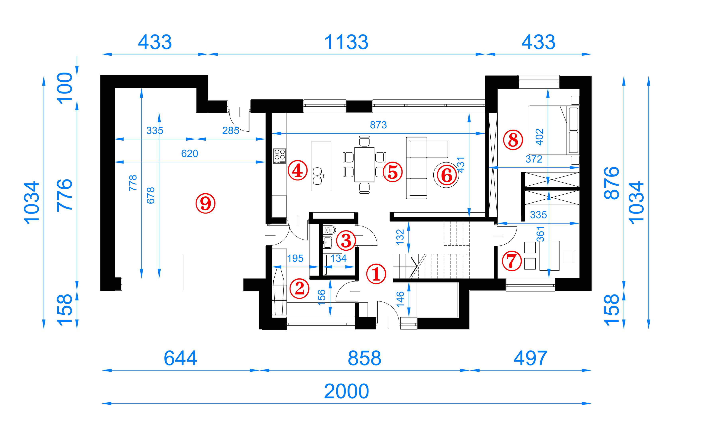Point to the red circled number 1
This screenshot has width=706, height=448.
pos(376,274)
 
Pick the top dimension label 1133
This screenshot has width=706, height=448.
pos(346,42)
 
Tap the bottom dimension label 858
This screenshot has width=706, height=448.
pos(364,358)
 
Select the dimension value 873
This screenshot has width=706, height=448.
pos(378,125)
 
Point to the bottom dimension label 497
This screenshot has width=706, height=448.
pos(530,358)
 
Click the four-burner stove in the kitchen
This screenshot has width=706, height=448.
pos(279,156)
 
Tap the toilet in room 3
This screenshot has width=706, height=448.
pos(330,230)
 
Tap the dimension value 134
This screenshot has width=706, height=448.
pos(338,258)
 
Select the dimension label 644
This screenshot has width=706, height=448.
pos(180,358)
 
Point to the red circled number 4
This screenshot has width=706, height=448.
pos(298,170)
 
